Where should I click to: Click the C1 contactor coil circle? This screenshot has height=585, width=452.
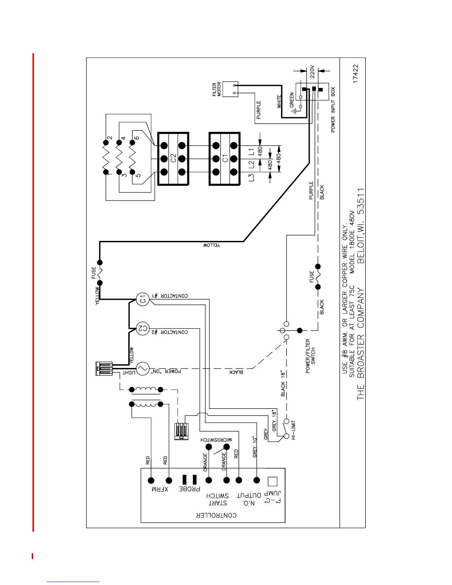pyautogui.click(x=142, y=299)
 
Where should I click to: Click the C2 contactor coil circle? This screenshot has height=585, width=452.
pyautogui.click(x=142, y=328)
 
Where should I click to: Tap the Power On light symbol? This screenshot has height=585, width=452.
pyautogui.click(x=142, y=368)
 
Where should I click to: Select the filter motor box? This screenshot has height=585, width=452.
pyautogui.click(x=231, y=89)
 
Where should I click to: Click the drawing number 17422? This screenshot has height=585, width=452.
pyautogui.click(x=355, y=74)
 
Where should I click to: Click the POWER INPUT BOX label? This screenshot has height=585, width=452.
pyautogui.click(x=333, y=110)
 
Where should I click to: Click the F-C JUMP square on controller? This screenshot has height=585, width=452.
pyautogui.click(x=272, y=481)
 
